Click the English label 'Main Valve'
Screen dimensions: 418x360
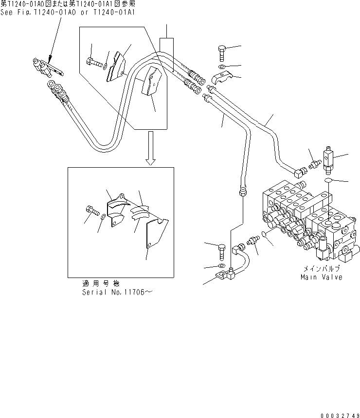(321, 277)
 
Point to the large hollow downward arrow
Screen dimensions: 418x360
(150, 149)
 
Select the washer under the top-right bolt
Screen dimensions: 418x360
(222, 67)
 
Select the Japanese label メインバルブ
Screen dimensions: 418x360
(321, 268)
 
